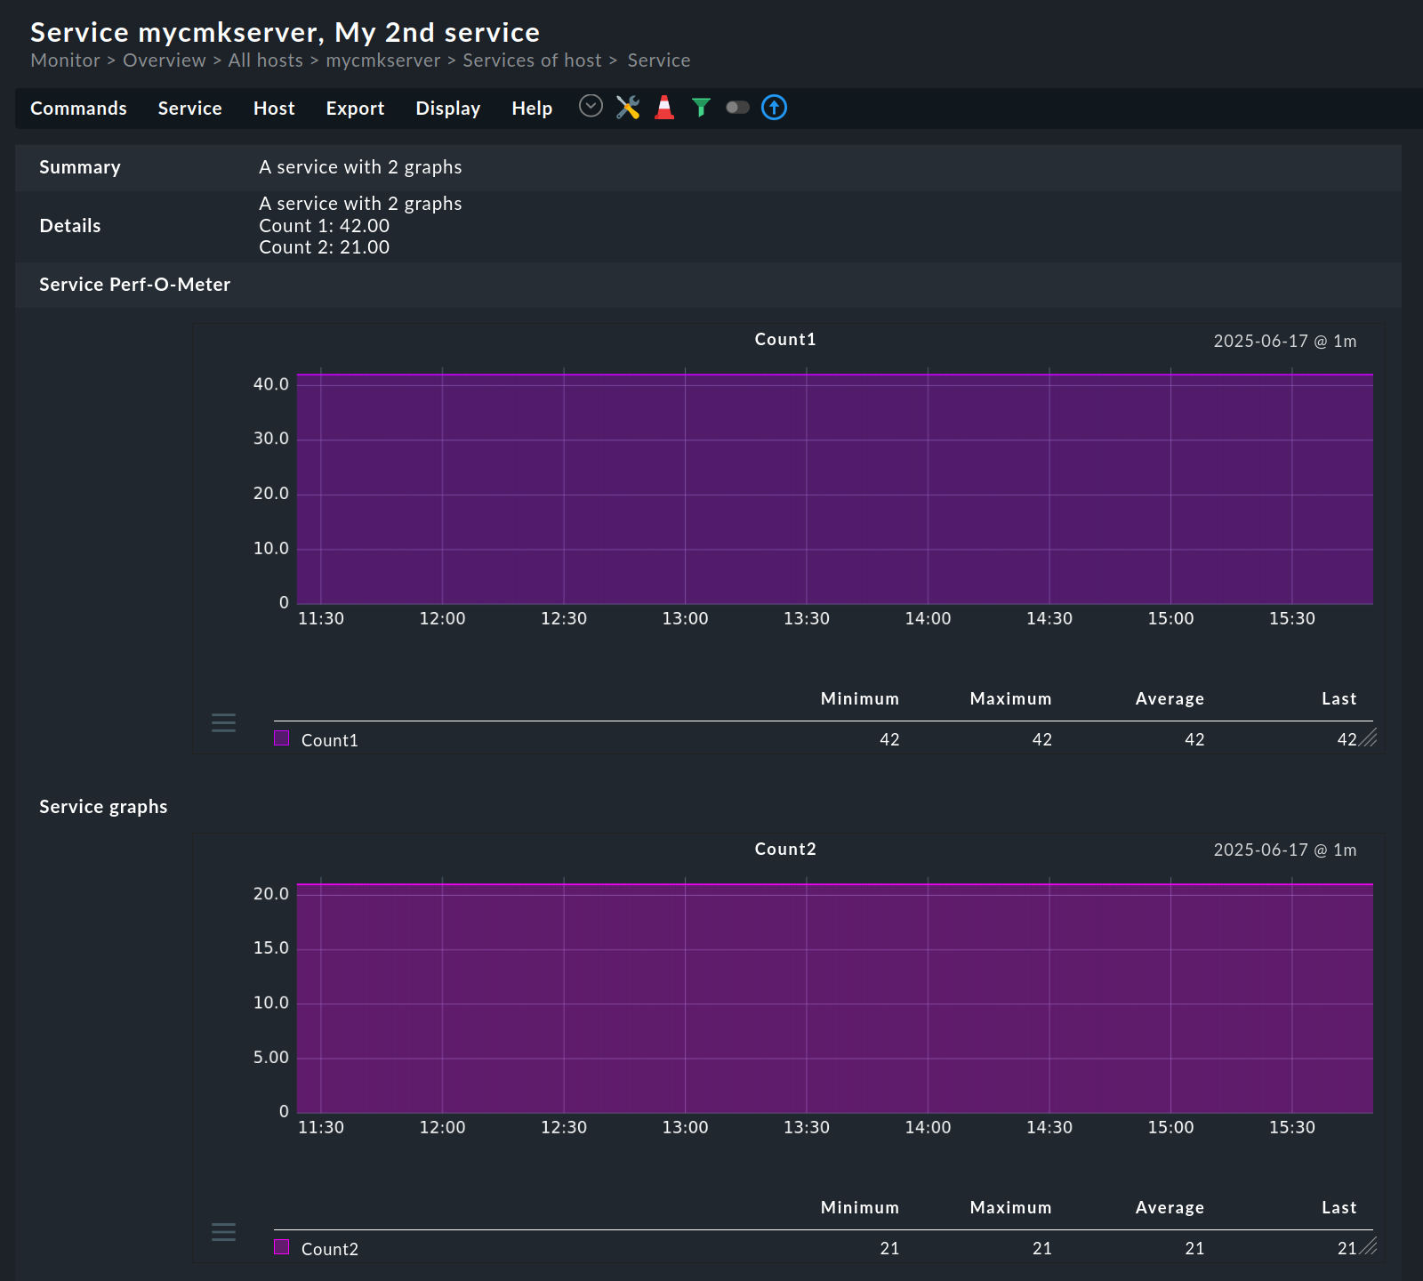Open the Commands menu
(x=78, y=109)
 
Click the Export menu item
(x=355, y=109)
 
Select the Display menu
(x=447, y=109)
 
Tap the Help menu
(x=532, y=109)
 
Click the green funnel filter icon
(x=701, y=108)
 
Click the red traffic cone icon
(x=664, y=108)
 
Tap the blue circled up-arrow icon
(x=775, y=108)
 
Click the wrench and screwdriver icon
(x=628, y=108)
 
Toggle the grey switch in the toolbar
(x=737, y=108)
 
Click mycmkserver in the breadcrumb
(x=382, y=60)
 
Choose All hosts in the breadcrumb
(x=265, y=60)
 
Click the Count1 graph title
(x=784, y=339)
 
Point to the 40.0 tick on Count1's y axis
(x=271, y=384)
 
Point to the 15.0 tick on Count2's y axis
(x=271, y=948)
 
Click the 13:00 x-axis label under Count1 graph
(x=685, y=618)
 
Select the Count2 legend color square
(x=282, y=1247)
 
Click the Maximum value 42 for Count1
(x=1041, y=739)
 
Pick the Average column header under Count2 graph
(x=1169, y=1207)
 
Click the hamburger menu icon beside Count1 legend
(x=223, y=722)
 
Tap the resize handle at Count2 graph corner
(x=1369, y=1246)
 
